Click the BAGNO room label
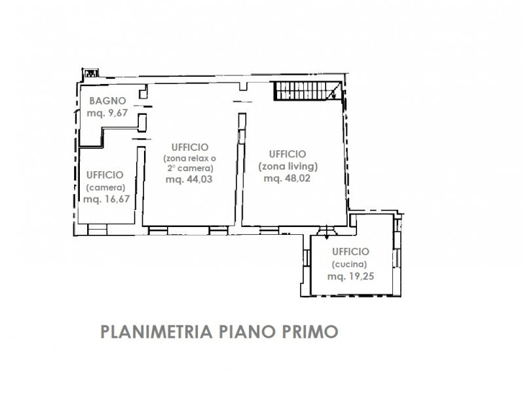(107, 101)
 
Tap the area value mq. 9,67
(107, 113)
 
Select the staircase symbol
(308, 91)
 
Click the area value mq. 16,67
(106, 199)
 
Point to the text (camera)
(105, 188)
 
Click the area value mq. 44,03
(189, 180)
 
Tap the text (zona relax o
(189, 158)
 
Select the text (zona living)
(288, 167)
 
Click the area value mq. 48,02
(287, 178)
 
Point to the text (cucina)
(349, 264)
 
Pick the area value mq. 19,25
(350, 277)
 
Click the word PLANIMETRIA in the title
(157, 332)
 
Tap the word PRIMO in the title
(310, 332)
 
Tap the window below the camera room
(97, 230)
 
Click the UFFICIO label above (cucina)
(350, 252)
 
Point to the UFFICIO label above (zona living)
(288, 154)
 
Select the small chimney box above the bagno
(90, 73)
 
